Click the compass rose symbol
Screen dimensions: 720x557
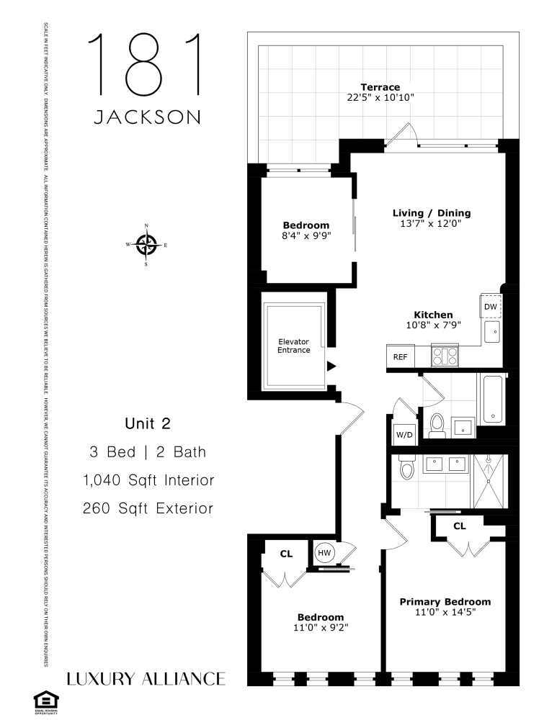click(x=147, y=245)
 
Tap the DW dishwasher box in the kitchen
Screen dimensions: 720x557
click(x=490, y=307)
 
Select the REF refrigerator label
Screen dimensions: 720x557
click(x=399, y=356)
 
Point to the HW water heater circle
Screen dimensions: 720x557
click(x=324, y=552)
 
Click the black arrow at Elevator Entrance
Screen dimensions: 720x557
click(x=331, y=366)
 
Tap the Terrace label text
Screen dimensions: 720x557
click(x=380, y=87)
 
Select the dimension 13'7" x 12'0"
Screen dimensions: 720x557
click(x=431, y=224)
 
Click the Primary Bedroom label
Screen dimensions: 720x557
click(x=445, y=601)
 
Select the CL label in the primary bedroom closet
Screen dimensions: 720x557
click(x=459, y=526)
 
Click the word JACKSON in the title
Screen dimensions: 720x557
click(x=147, y=117)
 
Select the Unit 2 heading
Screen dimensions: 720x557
click(x=147, y=423)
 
